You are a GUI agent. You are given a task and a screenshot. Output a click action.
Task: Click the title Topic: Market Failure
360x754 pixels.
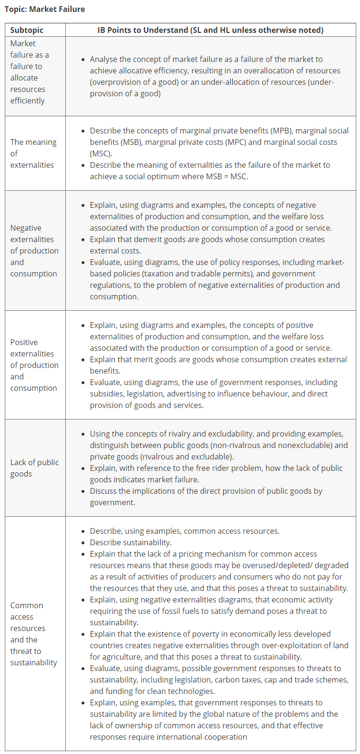click(x=45, y=9)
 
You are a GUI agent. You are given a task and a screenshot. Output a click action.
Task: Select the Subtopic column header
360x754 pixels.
click(x=27, y=30)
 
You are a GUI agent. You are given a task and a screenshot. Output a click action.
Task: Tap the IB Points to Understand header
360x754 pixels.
click(x=210, y=30)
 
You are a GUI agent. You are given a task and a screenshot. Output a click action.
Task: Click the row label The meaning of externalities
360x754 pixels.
click(x=33, y=153)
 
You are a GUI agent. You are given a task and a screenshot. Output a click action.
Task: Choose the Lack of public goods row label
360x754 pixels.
click(x=34, y=468)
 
